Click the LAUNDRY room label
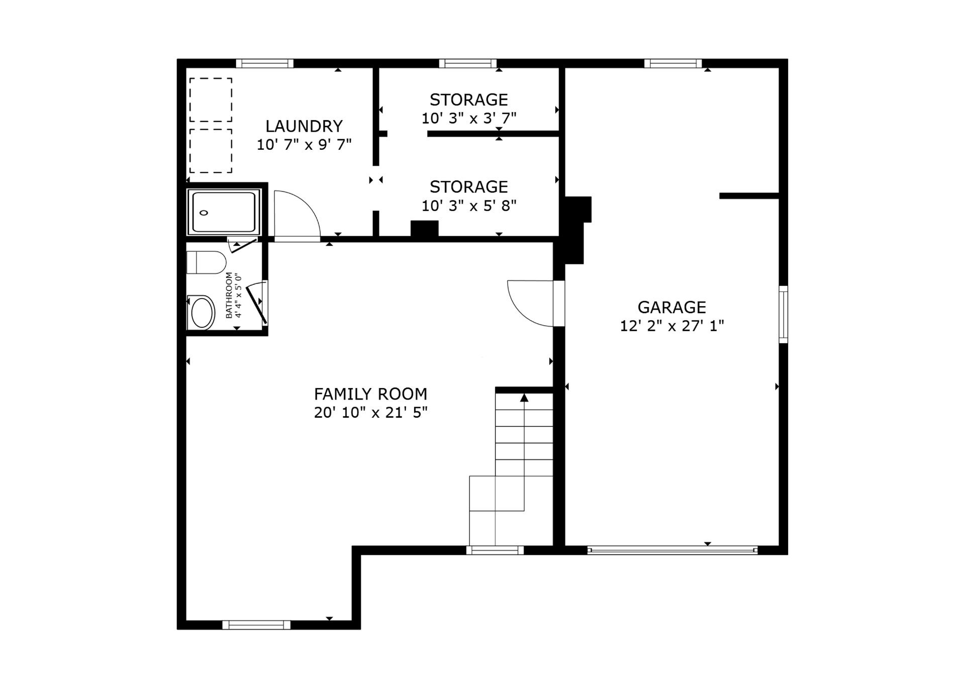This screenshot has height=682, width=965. click(304, 126)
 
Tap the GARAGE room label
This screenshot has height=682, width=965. click(671, 307)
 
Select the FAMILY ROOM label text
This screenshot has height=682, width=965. click(370, 394)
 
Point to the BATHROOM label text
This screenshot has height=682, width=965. click(229, 295)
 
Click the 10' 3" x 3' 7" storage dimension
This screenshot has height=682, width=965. click(469, 118)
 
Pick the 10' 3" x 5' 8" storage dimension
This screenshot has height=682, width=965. click(469, 206)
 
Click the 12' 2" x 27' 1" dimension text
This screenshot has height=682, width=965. click(671, 326)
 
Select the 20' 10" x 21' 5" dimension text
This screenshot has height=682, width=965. click(370, 413)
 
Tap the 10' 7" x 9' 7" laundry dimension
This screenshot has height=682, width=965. click(304, 145)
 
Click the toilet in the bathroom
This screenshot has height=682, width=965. click(206, 262)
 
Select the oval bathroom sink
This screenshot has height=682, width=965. click(202, 312)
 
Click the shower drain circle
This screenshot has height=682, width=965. click(204, 213)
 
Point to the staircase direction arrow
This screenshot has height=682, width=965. click(524, 398)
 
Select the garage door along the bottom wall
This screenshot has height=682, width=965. click(672, 550)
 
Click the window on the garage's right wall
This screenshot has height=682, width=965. click(783, 315)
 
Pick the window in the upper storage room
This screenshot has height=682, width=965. click(467, 63)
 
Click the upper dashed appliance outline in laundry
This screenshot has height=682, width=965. click(211, 100)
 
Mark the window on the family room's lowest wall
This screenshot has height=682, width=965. click(256, 625)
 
